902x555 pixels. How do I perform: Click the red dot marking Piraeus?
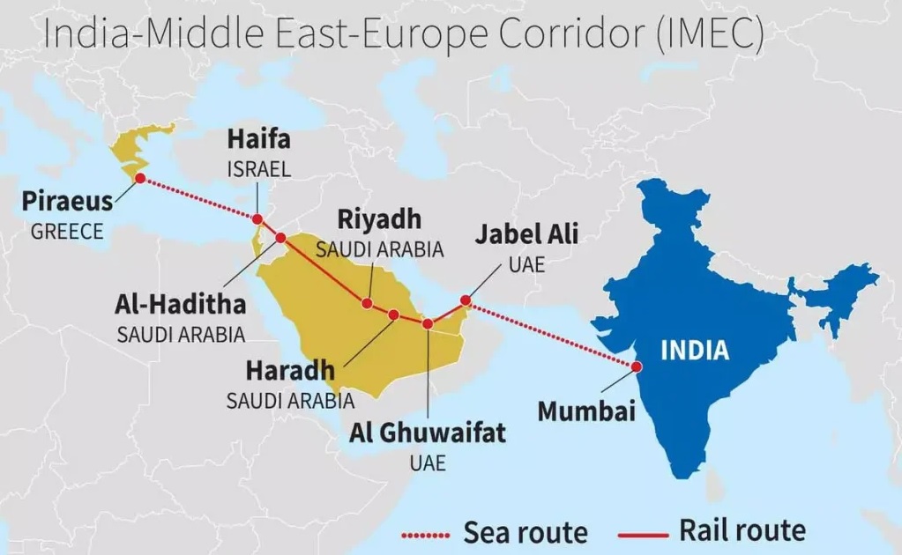[x=139, y=179]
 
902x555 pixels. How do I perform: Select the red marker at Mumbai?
[x=635, y=366]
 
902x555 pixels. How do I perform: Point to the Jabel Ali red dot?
[x=466, y=301]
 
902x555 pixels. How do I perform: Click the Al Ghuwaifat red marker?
[x=428, y=324]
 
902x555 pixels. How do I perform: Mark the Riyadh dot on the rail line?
[x=367, y=304]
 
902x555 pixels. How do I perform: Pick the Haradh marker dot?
[x=393, y=314]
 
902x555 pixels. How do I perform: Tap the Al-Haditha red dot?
[x=280, y=238]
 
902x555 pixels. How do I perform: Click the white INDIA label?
[x=695, y=350]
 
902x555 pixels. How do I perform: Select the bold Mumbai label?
[x=586, y=411]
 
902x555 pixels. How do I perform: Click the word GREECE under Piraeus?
[x=67, y=233]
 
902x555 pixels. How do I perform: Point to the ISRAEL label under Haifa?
[x=258, y=170]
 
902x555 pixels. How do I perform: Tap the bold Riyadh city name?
[x=379, y=219]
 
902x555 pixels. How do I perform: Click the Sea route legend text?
[x=526, y=532]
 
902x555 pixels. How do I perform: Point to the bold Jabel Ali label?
[x=526, y=234]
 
